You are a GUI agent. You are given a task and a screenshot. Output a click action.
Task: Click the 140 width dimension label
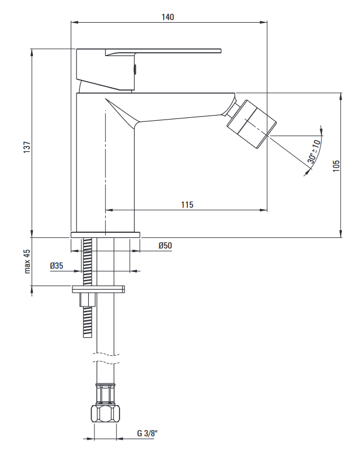pyautogui.click(x=168, y=17)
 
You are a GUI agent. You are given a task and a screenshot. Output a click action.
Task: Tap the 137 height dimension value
pyautogui.click(x=27, y=147)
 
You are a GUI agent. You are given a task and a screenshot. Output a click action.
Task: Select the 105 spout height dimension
pyautogui.click(x=336, y=165)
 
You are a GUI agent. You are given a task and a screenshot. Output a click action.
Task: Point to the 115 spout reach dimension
pyautogui.click(x=187, y=205)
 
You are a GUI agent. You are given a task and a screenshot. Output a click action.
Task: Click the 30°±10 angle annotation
pyautogui.click(x=314, y=151)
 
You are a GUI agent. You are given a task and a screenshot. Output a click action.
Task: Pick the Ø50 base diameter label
pyautogui.click(x=165, y=245)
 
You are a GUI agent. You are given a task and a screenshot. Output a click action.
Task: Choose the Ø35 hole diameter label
pyautogui.click(x=56, y=266)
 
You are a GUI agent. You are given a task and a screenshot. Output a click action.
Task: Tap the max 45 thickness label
pyautogui.click(x=27, y=261)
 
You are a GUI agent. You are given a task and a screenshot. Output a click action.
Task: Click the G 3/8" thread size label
pyautogui.click(x=147, y=433)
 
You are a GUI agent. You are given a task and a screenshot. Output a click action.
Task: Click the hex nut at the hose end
pyautogui.click(x=105, y=414)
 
